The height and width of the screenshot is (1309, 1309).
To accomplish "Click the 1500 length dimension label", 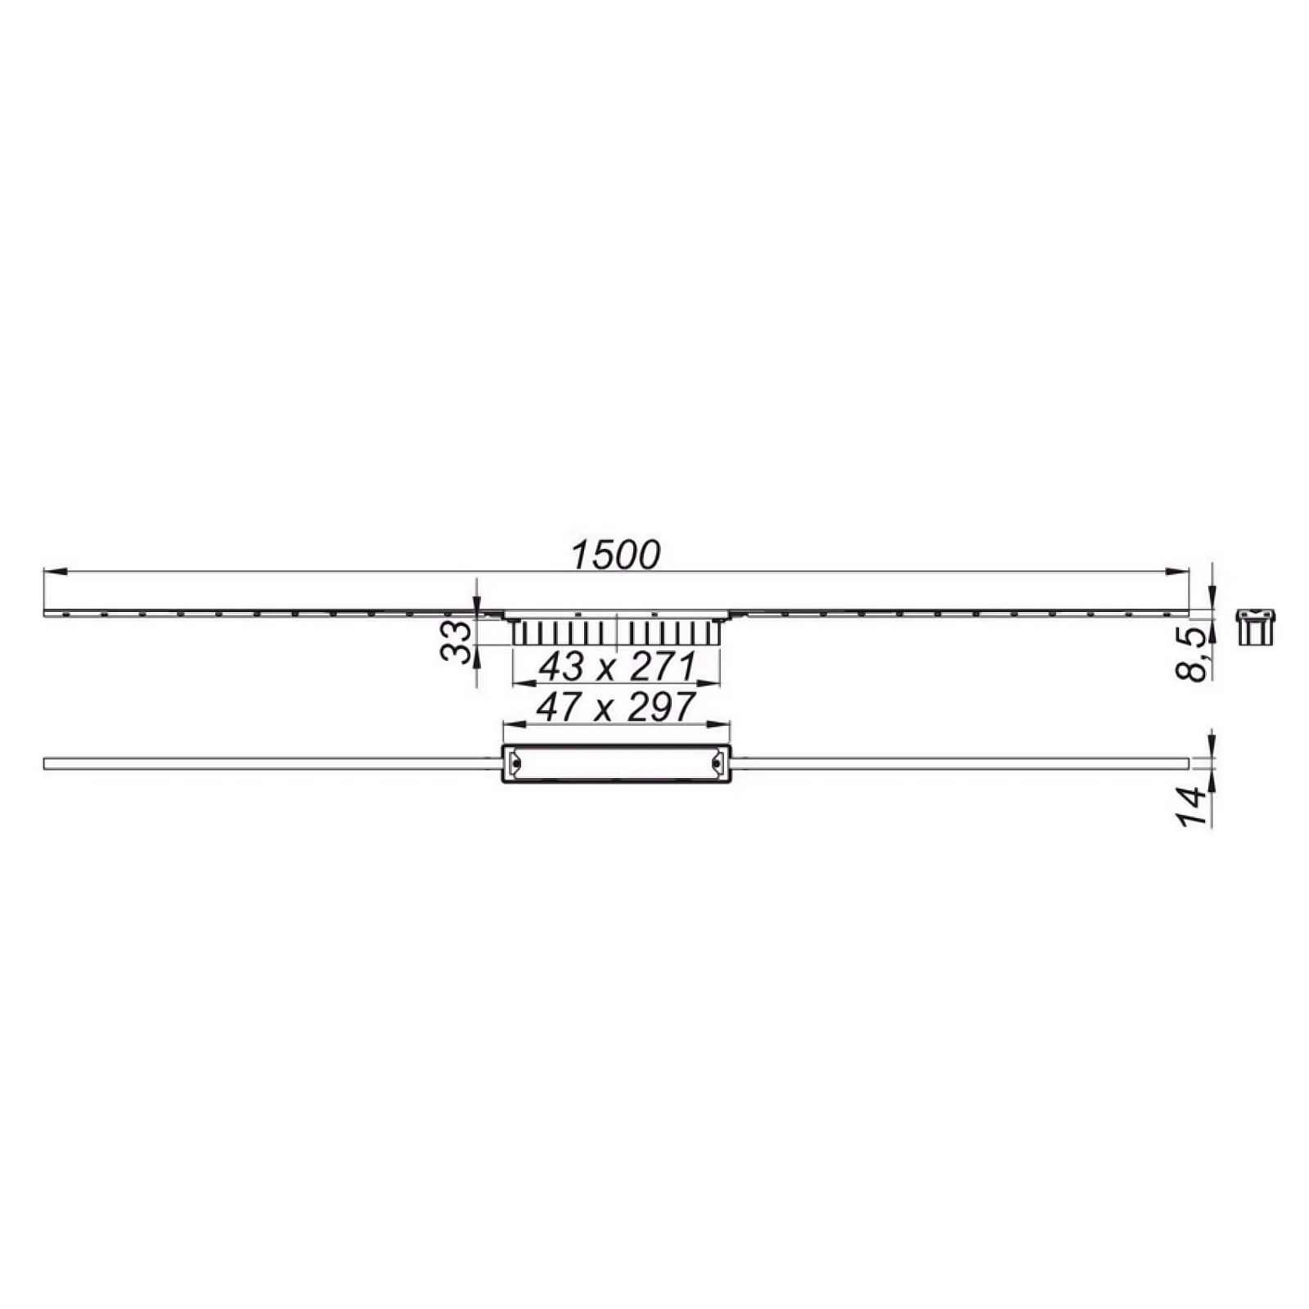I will point(615,555).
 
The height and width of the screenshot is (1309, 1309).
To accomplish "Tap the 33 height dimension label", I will point(456,641).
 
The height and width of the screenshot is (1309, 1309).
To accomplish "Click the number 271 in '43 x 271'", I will point(663,668).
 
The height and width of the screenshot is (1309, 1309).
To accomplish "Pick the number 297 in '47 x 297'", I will point(661,707).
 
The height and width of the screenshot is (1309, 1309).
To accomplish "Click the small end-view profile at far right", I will point(1256,628).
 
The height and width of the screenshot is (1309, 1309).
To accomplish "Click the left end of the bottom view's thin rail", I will point(46,763).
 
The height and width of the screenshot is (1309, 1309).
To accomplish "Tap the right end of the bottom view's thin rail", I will point(1186,763).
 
